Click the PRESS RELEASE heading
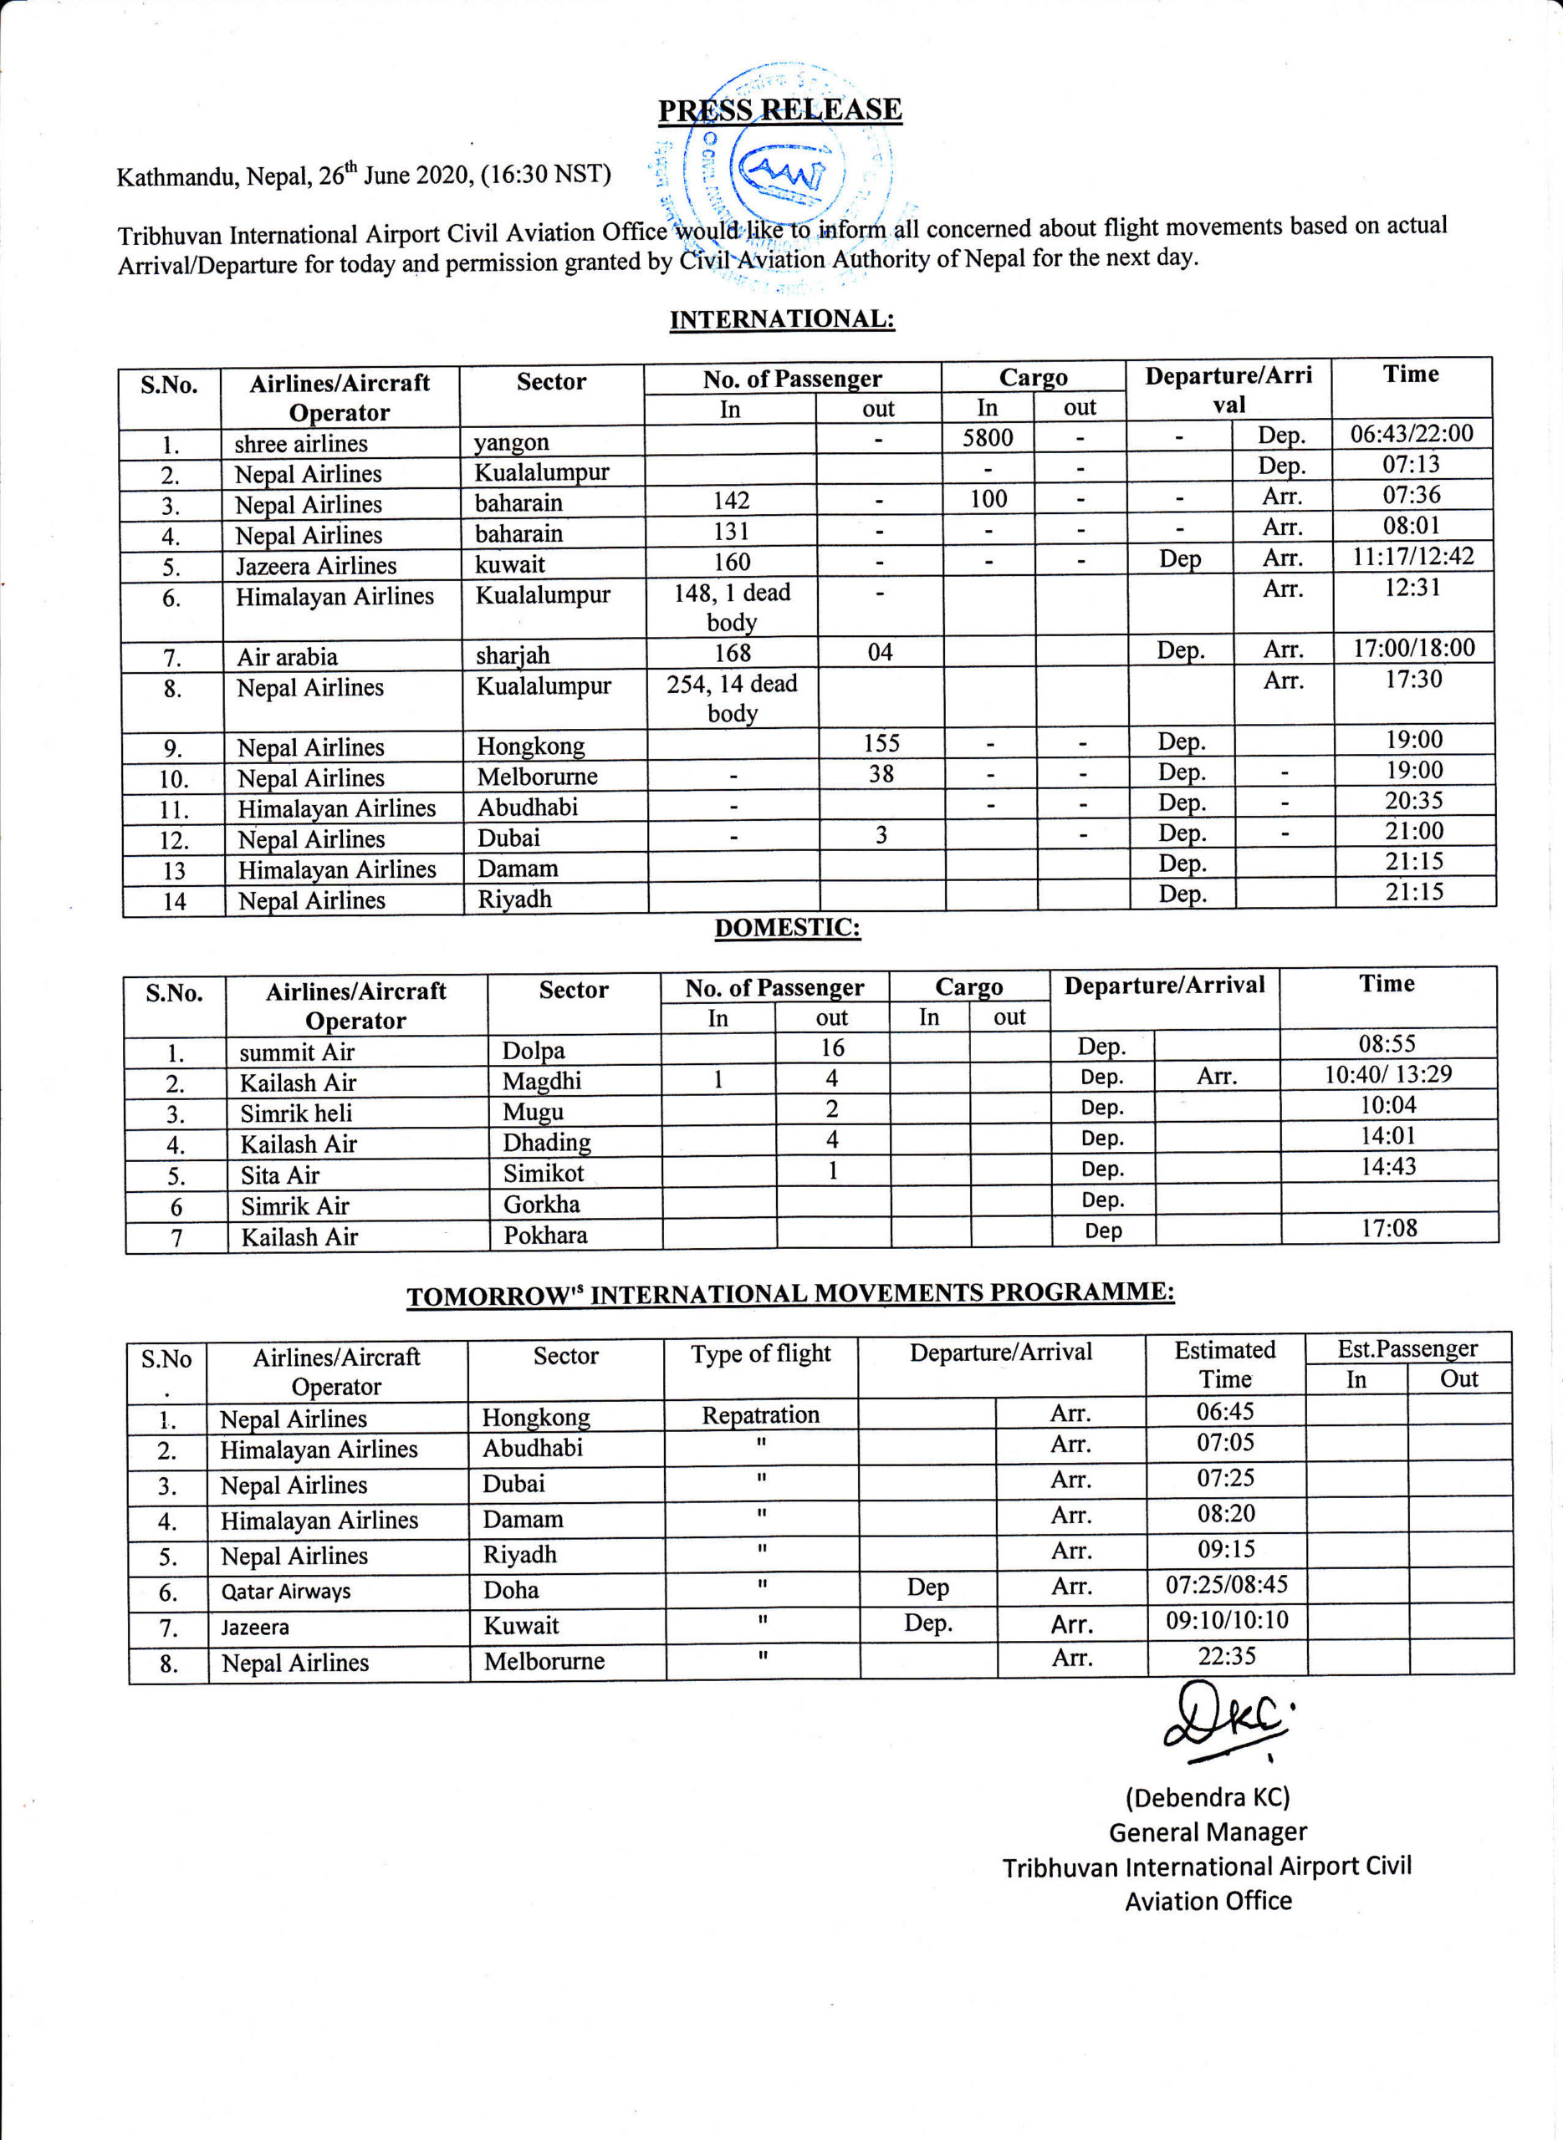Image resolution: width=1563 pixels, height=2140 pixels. [x=779, y=110]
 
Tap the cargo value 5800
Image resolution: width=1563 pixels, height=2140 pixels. [x=987, y=438]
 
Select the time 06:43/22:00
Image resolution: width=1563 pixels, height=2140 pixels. [x=1411, y=434]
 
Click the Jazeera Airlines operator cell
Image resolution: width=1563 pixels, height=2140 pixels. [x=316, y=565]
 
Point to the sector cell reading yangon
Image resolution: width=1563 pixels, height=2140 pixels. [x=511, y=442]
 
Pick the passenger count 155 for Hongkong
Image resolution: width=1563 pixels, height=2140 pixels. [x=881, y=743]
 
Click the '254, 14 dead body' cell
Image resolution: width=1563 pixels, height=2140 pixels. [x=733, y=698]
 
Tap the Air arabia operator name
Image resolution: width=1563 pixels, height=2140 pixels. [x=287, y=656]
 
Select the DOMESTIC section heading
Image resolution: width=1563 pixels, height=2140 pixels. [x=787, y=928]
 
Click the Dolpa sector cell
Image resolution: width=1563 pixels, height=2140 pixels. [x=534, y=1051]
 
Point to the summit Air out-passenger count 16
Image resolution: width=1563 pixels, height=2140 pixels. [x=831, y=1047]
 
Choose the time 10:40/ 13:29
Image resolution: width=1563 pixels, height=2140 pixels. [x=1387, y=1074]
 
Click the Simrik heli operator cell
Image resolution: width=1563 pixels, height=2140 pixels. [x=296, y=1113]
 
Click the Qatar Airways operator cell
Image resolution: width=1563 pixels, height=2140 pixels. [x=286, y=1592]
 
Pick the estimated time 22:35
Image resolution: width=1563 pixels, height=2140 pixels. [x=1226, y=1656]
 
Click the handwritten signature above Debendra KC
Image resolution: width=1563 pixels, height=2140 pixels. [x=1225, y=1724]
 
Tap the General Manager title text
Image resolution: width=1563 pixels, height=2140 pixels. [x=1208, y=1832]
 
